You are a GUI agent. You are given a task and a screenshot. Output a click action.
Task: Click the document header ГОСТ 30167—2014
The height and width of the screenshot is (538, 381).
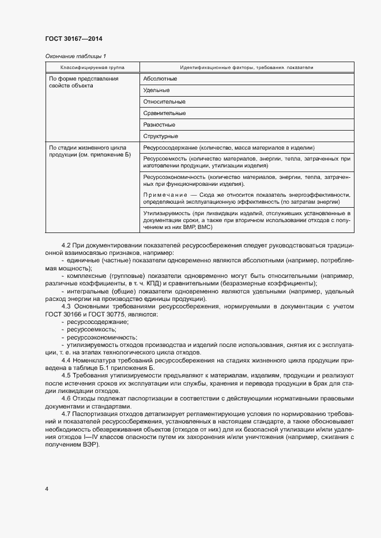(73, 39)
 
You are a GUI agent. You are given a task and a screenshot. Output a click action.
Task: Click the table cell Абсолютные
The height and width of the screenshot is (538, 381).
(160, 78)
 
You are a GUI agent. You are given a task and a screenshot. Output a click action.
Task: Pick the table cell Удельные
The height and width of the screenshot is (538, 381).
(156, 90)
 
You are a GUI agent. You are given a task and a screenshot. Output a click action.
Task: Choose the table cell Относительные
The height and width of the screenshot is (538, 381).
(164, 101)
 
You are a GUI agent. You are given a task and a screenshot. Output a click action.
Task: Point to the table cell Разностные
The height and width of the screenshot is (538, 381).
(159, 124)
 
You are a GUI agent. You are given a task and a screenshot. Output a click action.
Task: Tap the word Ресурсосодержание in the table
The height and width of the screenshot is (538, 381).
(170, 147)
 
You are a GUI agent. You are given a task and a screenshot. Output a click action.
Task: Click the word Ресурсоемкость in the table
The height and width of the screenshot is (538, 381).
(165, 158)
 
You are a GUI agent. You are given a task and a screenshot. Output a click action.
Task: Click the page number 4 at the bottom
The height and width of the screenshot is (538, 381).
(47, 489)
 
